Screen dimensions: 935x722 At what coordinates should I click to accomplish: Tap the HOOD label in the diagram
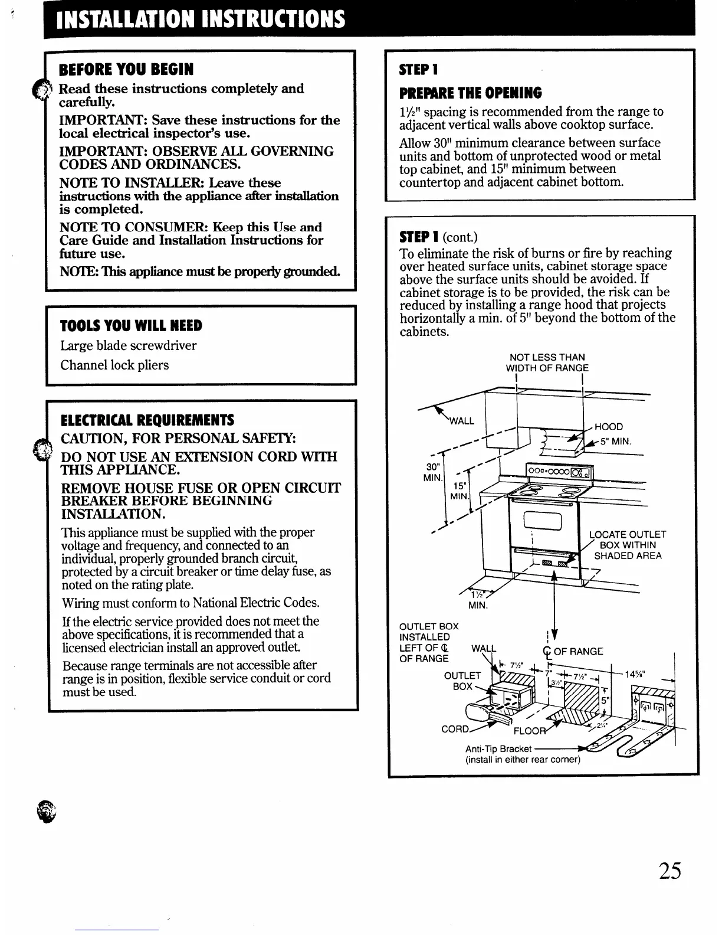(609, 427)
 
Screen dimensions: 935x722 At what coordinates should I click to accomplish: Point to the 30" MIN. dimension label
(433, 472)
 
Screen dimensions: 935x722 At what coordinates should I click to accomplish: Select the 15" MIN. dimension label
(459, 491)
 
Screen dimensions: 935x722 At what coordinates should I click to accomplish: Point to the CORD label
(456, 729)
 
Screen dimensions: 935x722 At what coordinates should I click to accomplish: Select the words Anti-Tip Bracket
(498, 749)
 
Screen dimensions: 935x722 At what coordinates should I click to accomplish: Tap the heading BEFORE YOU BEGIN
(126, 70)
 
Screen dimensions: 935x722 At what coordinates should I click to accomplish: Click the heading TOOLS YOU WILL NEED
(131, 326)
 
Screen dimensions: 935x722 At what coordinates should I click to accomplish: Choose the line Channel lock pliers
(114, 365)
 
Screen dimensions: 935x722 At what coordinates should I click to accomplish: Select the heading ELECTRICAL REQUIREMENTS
(147, 420)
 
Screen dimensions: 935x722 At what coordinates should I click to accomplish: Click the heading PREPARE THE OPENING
(470, 93)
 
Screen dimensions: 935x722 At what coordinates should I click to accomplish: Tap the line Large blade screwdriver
(129, 345)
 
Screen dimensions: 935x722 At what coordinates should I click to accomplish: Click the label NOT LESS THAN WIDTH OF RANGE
(547, 362)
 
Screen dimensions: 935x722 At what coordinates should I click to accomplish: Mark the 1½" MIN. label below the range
(478, 600)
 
